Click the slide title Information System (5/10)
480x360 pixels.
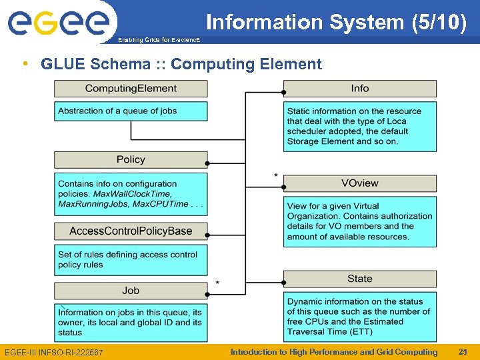point(335,22)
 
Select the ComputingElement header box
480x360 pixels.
point(131,89)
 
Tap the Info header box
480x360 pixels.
point(360,89)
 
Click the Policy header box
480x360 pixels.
point(131,159)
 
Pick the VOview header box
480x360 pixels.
point(360,183)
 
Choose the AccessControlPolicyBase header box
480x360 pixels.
point(131,231)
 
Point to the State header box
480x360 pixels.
point(360,279)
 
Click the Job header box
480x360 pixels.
point(131,291)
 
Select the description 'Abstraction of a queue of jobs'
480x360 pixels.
point(117,111)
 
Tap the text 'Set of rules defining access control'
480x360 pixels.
point(127,254)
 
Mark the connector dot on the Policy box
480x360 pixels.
point(207,163)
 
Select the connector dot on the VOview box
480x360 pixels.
point(283,187)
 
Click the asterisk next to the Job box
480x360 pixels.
point(217,283)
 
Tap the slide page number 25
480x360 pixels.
point(463,351)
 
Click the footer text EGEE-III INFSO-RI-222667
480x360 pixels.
point(53,352)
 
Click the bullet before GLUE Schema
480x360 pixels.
point(25,64)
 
